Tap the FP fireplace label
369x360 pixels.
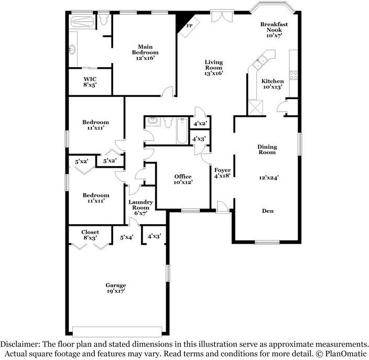tap(189, 25)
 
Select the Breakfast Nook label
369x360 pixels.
tap(274, 30)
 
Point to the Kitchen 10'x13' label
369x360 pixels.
tap(273, 84)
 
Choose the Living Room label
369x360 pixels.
tap(213, 68)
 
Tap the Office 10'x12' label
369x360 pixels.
tap(183, 179)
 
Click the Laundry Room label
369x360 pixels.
tap(140, 208)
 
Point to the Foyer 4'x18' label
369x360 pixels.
tap(220, 173)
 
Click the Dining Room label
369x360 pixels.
tap(267, 149)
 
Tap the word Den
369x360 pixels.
tap(267, 211)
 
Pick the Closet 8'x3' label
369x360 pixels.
tap(90, 235)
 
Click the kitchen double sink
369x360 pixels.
tap(259, 63)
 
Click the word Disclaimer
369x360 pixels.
tap(22, 344)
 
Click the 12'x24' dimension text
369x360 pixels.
tap(267, 177)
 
